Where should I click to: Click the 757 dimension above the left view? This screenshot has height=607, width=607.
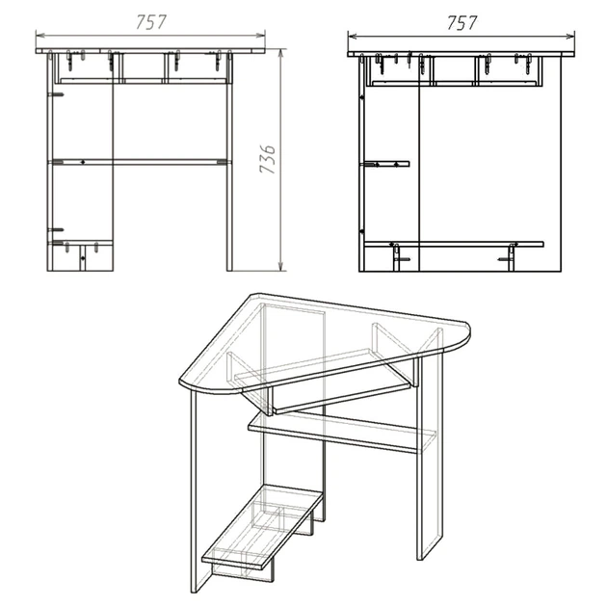click(x=151, y=22)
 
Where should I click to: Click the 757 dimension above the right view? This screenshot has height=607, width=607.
click(x=462, y=23)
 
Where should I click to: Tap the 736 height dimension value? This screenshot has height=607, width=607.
click(x=268, y=159)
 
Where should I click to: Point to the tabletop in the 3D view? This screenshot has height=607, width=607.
click(x=325, y=341)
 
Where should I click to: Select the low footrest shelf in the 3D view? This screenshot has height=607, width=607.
click(x=263, y=526)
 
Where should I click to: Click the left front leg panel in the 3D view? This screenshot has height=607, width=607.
click(x=201, y=491)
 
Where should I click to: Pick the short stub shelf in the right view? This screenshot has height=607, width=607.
click(x=384, y=164)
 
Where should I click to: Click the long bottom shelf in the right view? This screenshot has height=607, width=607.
click(x=454, y=244)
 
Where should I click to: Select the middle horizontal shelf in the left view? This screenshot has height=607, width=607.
click(x=140, y=162)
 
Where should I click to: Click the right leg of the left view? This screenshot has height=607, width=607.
click(x=229, y=162)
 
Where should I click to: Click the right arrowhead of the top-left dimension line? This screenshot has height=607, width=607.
click(x=261, y=36)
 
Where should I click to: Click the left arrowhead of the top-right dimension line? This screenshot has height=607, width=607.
click(x=353, y=37)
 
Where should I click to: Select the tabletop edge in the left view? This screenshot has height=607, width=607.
click(x=150, y=51)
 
